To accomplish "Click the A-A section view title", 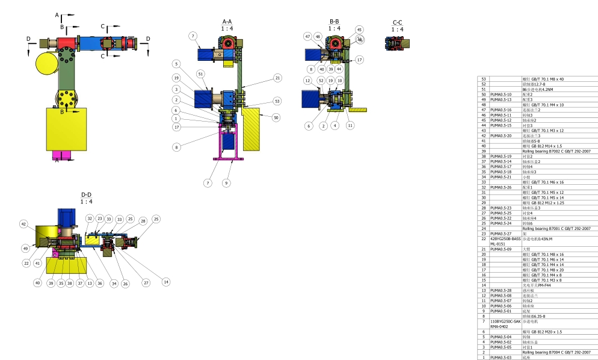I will tap(227, 22).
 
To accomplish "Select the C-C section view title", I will tap(397, 22).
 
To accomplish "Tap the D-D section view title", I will tap(86, 194).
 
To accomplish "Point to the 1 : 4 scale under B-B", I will tap(334, 28).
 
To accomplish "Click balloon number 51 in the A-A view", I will tap(200, 74).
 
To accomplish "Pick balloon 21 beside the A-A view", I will tap(277, 78).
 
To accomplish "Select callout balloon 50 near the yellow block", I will tap(276, 118).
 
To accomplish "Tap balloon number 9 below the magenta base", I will tap(226, 182).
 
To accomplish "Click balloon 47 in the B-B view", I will tap(308, 37).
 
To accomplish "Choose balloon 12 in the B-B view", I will tap(307, 80).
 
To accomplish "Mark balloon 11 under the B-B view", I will tap(350, 125).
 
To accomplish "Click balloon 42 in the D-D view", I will tap(24, 223).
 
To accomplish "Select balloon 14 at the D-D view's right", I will tap(166, 282).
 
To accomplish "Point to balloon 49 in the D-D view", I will tap(26, 247).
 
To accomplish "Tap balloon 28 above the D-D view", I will tap(143, 221).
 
